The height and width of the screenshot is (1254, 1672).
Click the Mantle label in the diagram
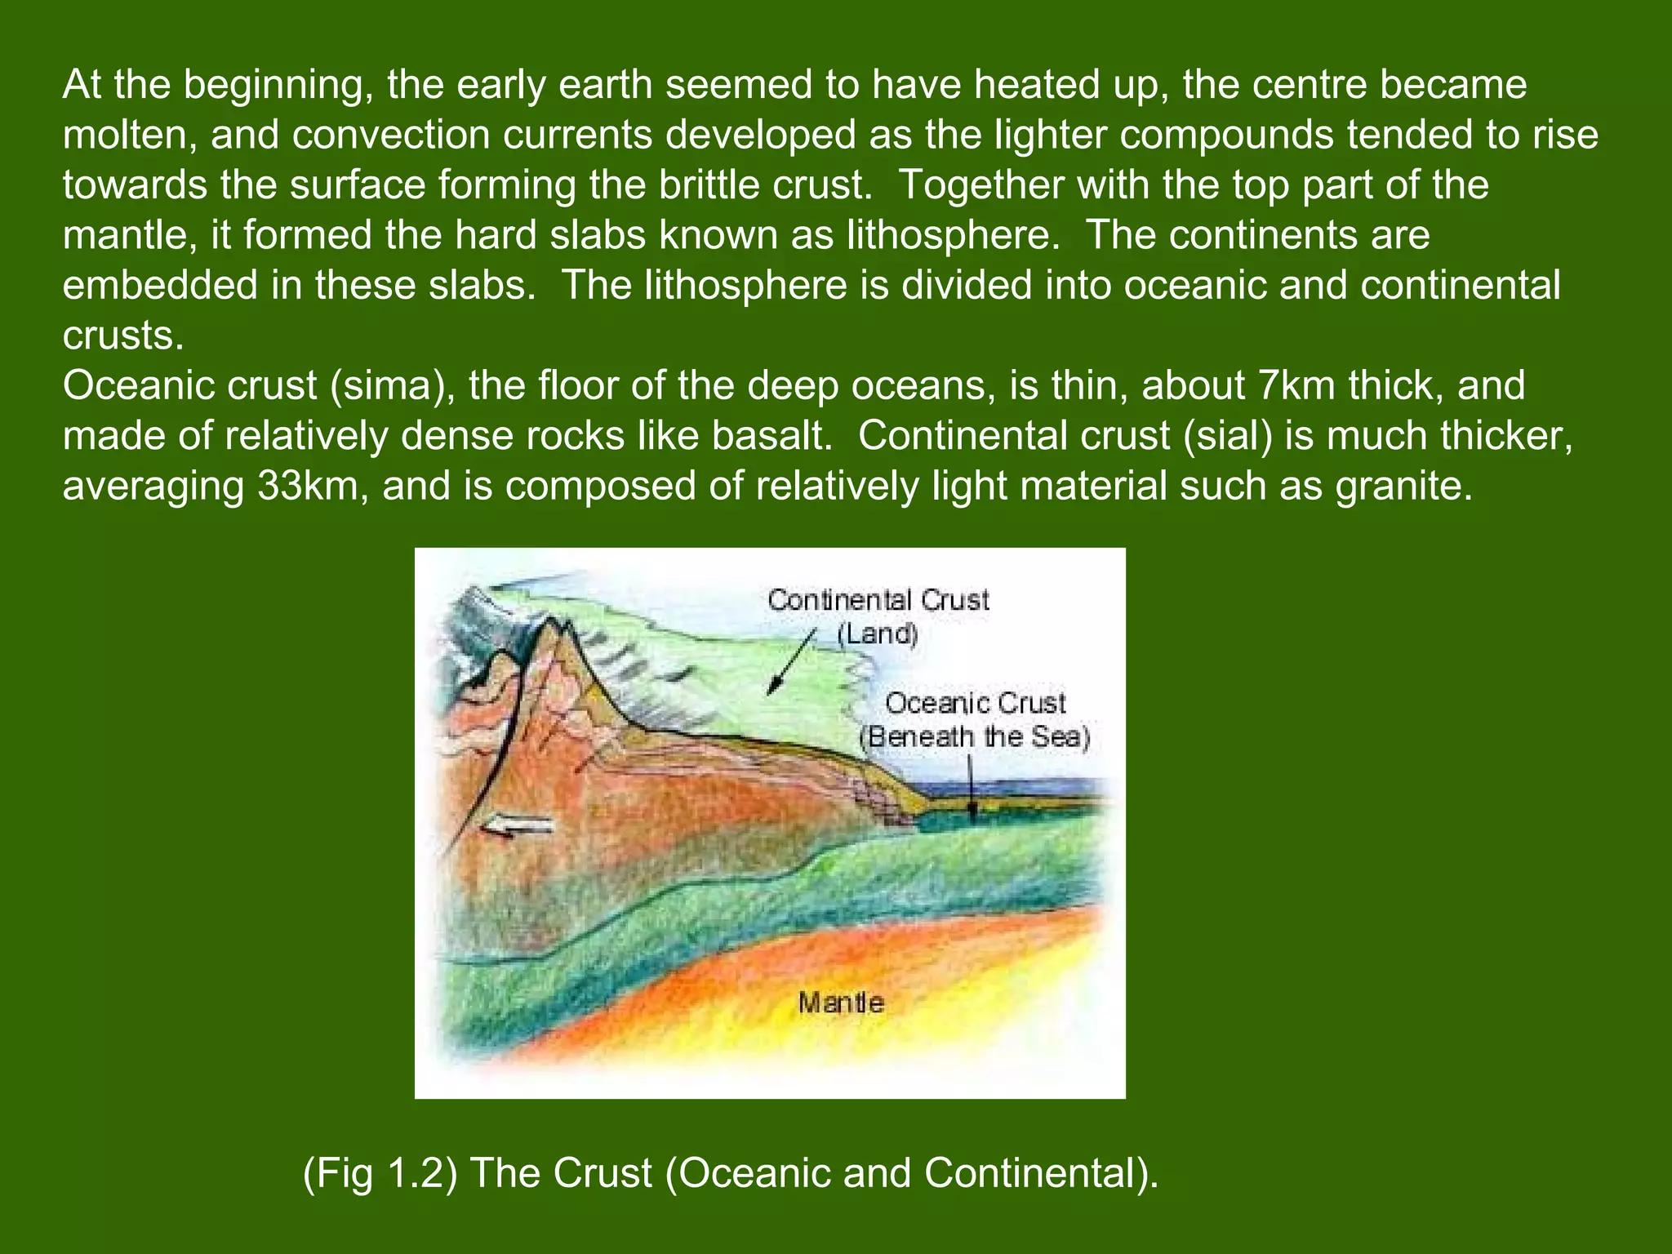840,1003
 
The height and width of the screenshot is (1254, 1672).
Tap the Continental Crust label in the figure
878,601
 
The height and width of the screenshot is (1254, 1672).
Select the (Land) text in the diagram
878,634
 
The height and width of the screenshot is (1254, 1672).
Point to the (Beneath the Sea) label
975,737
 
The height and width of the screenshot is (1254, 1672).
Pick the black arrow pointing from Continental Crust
790,664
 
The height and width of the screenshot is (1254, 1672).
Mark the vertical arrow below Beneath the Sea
971,788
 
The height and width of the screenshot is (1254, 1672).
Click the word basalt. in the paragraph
772,436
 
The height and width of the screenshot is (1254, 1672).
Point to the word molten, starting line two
130,136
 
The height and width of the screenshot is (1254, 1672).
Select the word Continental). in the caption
1041,1174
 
